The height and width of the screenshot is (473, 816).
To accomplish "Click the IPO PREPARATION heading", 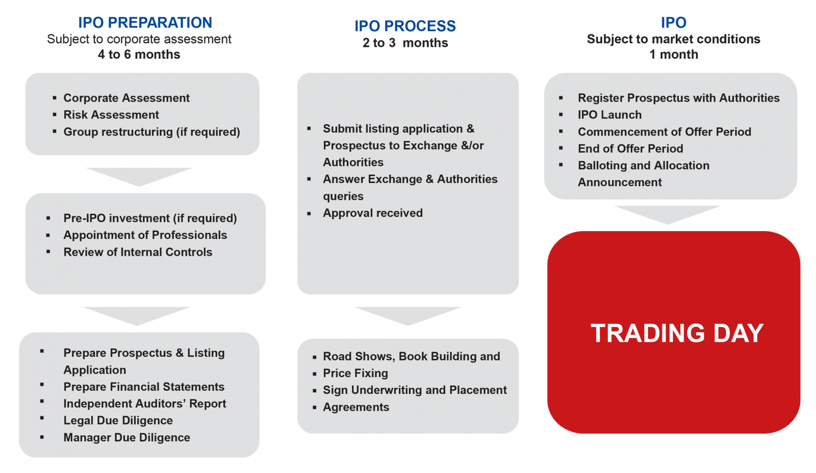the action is pos(145,22).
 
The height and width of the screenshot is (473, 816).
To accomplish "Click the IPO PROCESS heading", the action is pos(405,26).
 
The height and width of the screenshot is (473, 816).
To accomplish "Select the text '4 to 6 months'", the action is pos(139,54).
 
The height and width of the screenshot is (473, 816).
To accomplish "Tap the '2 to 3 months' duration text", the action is pos(405,43).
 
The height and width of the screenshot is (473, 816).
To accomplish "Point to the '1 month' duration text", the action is pos(674,54).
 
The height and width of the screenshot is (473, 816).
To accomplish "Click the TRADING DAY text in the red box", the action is pos(677,333).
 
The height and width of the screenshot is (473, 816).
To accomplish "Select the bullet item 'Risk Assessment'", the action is pos(111,115).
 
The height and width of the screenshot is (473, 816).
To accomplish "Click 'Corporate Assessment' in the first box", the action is pos(126,98).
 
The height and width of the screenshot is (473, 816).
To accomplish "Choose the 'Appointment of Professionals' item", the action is pos(145,235).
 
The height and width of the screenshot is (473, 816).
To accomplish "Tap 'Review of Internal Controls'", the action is pos(138,252).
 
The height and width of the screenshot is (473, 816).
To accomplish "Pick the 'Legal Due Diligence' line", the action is pos(118,420).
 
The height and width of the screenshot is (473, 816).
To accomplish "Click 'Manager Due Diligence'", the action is pos(127,437).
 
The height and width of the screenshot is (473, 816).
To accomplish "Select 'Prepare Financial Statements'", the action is pos(144,387).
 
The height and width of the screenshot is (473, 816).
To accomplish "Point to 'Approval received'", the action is pos(373,213).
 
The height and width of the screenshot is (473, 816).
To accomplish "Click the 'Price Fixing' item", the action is pos(355,373).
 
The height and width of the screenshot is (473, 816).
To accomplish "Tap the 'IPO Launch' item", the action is pos(609,115).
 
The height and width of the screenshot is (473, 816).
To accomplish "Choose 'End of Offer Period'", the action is pos(630,148).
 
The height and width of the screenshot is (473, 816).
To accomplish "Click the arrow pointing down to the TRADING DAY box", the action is pos(668,215).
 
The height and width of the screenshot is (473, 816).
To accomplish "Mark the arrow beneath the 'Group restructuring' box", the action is pos(139,177).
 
